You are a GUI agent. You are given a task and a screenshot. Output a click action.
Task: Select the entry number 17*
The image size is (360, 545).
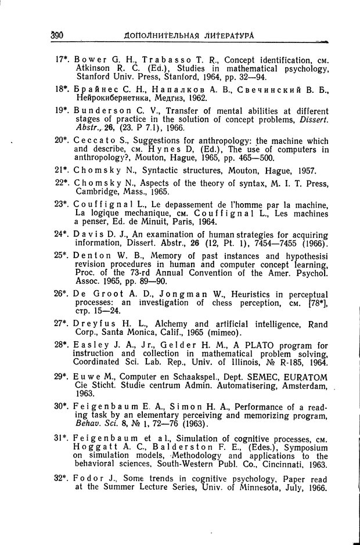pyautogui.click(x=62, y=60)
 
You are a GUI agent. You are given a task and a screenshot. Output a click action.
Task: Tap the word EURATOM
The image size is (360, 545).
pyautogui.click(x=305, y=377)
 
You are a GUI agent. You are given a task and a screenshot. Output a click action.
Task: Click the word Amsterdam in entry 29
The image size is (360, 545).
pyautogui.click(x=304, y=386)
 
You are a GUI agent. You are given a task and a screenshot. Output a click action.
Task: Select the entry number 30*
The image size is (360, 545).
pyautogui.click(x=62, y=406)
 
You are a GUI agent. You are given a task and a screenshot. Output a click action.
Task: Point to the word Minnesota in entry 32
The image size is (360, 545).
pyautogui.click(x=258, y=488)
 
